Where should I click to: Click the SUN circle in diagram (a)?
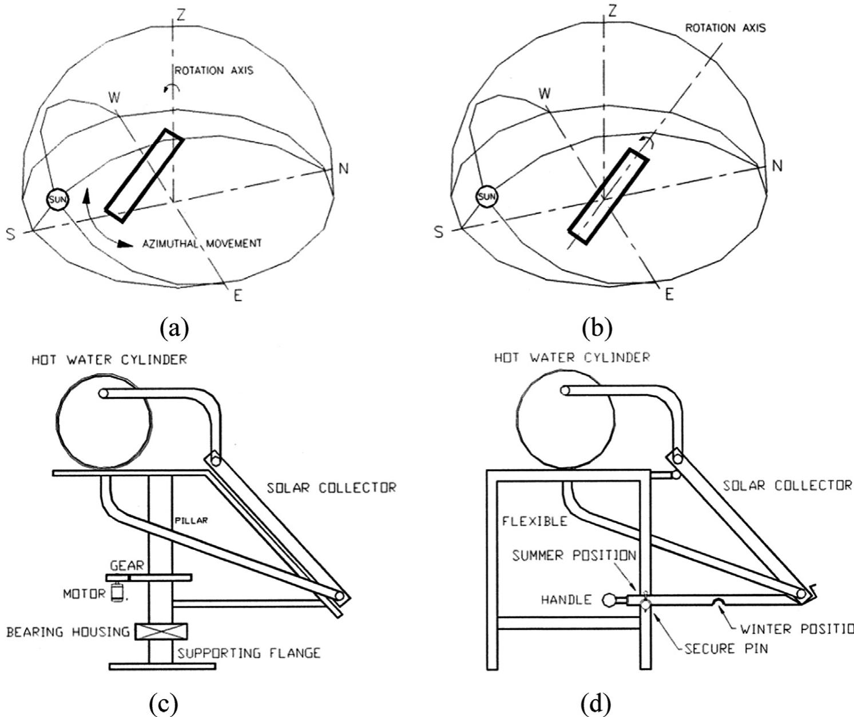[57, 199]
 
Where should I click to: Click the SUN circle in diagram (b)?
[487, 197]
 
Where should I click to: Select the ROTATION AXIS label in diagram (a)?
[214, 71]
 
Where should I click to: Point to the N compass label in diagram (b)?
[776, 166]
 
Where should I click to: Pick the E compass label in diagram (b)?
[669, 294]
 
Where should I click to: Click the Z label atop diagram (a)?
[180, 15]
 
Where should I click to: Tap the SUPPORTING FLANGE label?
[248, 652]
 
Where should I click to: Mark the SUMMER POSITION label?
[574, 556]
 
